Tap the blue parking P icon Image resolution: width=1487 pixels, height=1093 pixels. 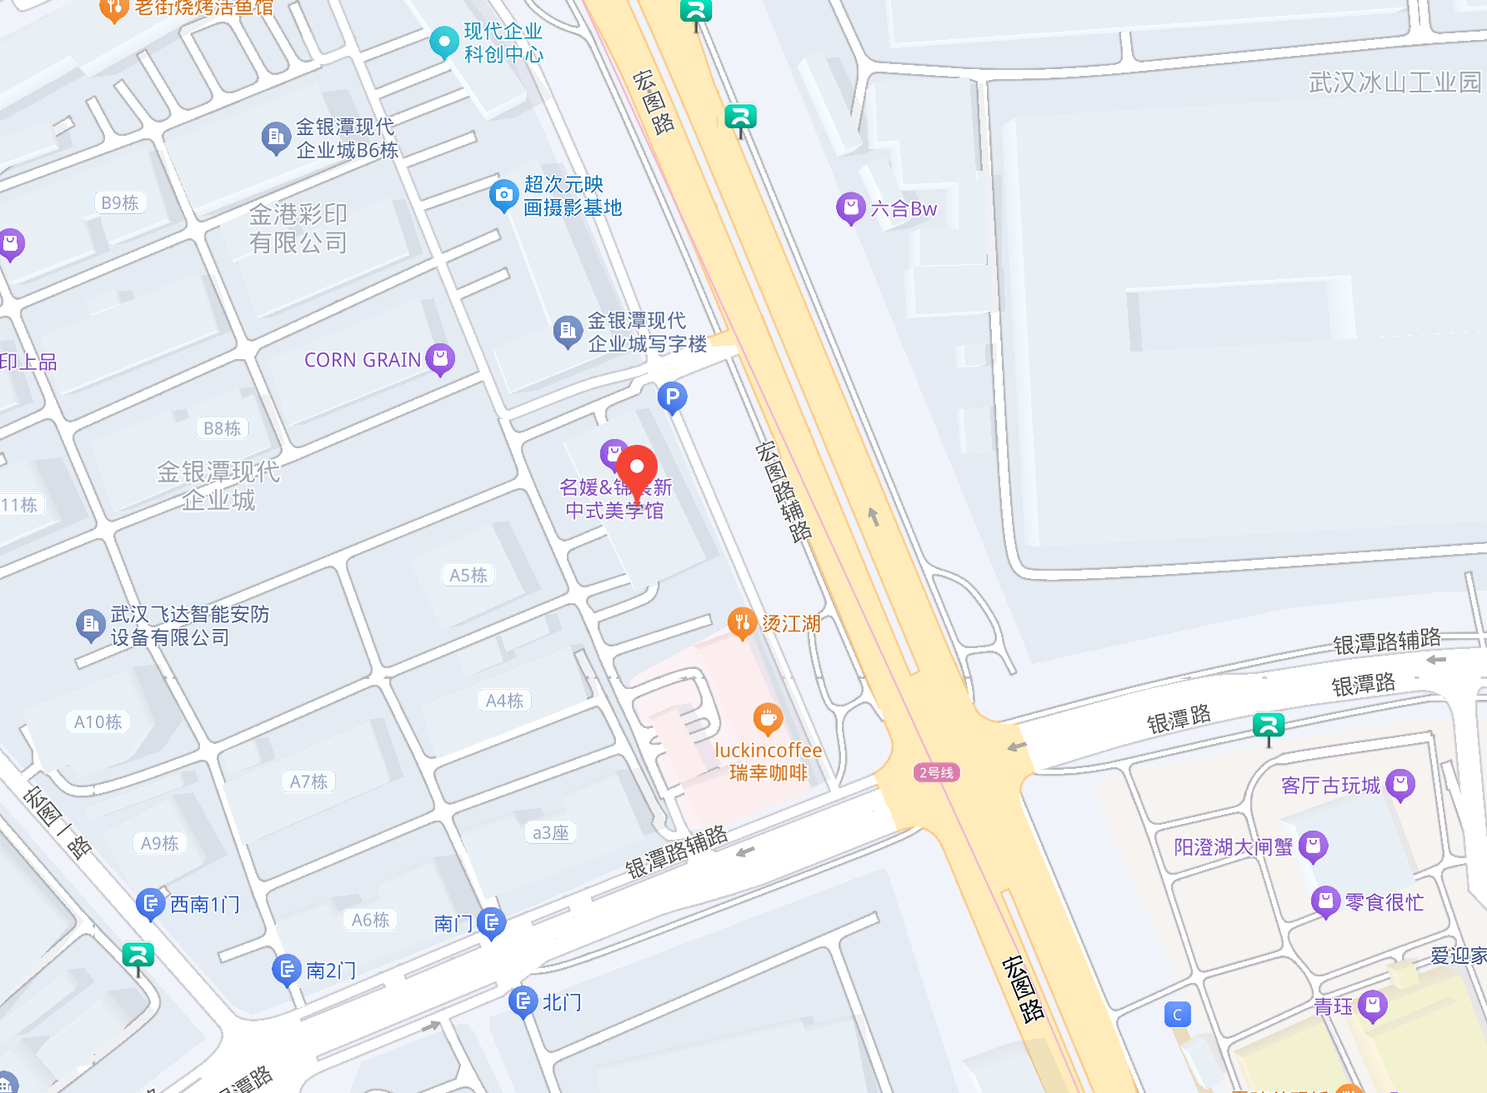point(672,397)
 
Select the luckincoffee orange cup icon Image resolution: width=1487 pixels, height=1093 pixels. point(767,717)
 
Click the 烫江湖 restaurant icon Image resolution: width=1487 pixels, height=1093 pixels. point(741,621)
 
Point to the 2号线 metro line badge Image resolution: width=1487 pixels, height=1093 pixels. point(936,772)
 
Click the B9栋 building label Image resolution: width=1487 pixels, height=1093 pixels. point(120,202)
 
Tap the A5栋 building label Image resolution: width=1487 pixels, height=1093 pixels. point(468,575)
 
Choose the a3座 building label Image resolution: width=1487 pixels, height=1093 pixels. point(550,832)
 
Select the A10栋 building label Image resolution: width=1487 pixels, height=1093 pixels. point(98,721)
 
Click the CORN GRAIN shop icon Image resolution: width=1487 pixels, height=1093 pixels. point(440,358)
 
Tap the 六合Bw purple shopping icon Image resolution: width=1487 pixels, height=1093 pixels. point(850,207)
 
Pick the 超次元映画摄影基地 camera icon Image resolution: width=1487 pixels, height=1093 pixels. point(503,195)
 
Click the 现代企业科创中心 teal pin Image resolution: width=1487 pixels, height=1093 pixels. point(443,41)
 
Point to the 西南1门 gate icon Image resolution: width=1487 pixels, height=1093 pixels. point(150,903)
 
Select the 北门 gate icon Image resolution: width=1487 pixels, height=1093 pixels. point(523,1001)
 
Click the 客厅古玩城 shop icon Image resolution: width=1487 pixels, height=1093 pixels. point(1400,784)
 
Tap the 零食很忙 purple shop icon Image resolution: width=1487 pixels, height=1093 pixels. point(1325,901)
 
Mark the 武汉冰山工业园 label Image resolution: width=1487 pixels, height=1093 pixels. point(1394,82)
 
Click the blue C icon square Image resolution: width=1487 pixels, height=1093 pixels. point(1177,1015)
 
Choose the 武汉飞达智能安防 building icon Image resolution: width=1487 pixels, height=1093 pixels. point(90,624)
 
